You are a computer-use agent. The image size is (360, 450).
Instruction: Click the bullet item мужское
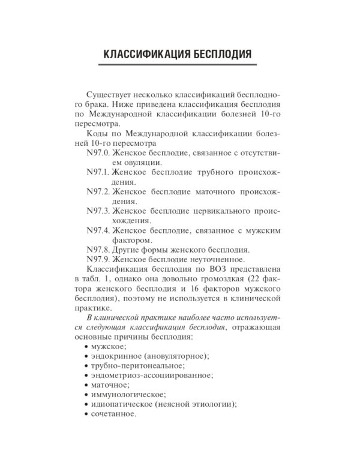pos(109,346)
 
